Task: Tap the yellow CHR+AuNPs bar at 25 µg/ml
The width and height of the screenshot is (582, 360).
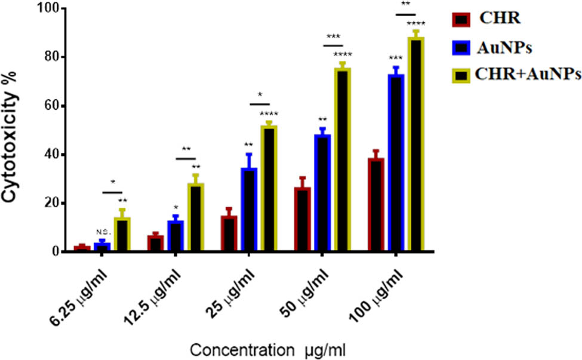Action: tap(269, 189)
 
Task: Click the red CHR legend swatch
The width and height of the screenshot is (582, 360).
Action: tap(461, 19)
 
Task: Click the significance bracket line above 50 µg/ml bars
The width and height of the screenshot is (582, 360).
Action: tap(332, 45)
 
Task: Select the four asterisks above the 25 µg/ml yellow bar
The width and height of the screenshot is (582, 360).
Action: tap(269, 114)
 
